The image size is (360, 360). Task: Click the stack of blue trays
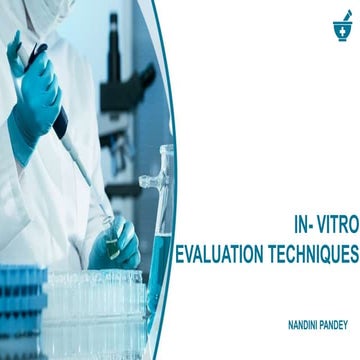pyautogui.click(x=20, y=310)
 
